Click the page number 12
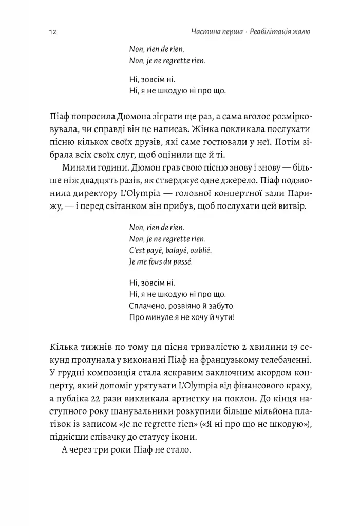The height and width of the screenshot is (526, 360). pos(52,32)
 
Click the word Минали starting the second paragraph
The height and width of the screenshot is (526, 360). pos(78,167)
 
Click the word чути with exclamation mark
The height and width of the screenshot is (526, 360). pos(225,317)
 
